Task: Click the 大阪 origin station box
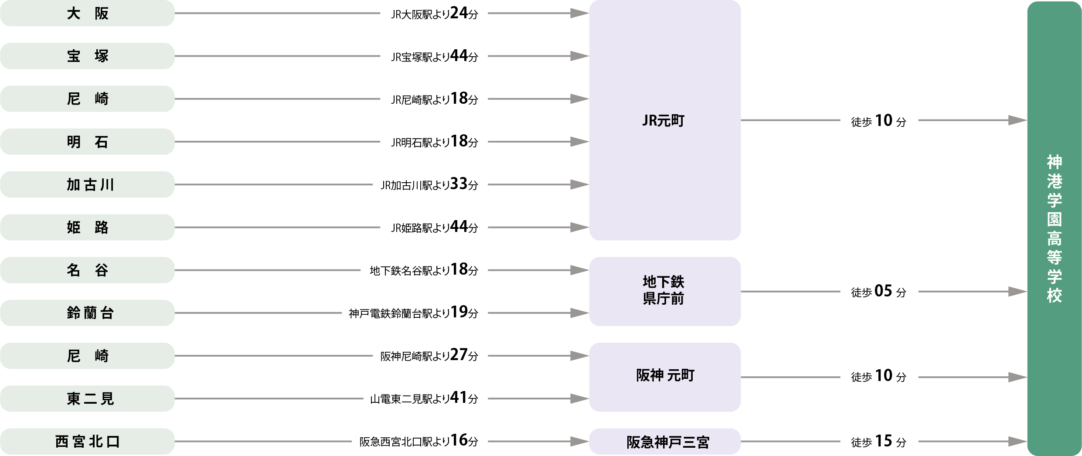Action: click(x=87, y=13)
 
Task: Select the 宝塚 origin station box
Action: click(x=87, y=56)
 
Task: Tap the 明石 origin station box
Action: click(x=87, y=142)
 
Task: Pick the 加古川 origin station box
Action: click(x=87, y=184)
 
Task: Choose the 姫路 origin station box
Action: click(x=87, y=227)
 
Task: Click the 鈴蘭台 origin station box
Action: click(x=87, y=313)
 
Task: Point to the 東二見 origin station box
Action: click(x=87, y=398)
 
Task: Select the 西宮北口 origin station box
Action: click(x=87, y=441)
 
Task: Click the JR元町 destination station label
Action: click(x=663, y=121)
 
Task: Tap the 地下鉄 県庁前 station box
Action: click(x=665, y=291)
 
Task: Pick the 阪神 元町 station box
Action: click(x=665, y=377)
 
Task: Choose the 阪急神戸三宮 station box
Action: click(x=665, y=441)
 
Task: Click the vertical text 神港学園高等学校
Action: click(x=1054, y=228)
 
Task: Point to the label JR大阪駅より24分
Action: click(x=435, y=13)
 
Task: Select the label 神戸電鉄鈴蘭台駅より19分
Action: click(x=413, y=313)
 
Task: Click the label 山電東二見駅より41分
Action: click(x=424, y=398)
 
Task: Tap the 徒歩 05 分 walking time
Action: click(x=878, y=291)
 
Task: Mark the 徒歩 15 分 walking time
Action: click(x=878, y=441)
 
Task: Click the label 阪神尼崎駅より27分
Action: click(x=429, y=355)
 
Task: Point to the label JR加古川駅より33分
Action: click(x=429, y=184)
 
